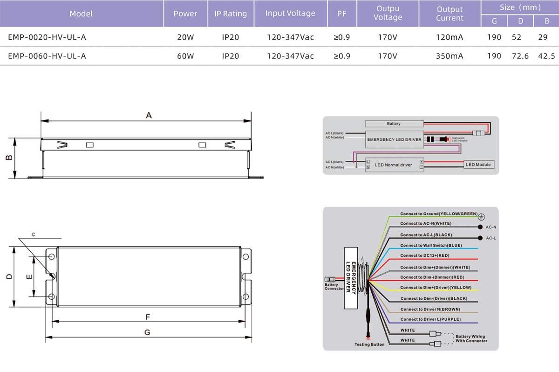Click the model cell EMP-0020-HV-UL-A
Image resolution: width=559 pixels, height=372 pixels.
[x=47, y=37]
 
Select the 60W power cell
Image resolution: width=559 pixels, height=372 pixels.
[x=185, y=56]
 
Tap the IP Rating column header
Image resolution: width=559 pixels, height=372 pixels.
[x=231, y=14]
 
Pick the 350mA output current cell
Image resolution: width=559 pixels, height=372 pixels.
[x=450, y=56]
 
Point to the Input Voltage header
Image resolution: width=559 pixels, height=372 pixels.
[x=290, y=13]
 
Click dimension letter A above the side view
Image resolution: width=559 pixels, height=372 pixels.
[x=149, y=115]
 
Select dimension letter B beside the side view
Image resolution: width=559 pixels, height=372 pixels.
[x=8, y=158]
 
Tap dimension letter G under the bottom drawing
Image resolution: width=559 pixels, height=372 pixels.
[x=147, y=332]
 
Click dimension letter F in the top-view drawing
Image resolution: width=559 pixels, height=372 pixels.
[x=147, y=317]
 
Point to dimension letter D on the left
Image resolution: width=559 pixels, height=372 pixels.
[x=8, y=276]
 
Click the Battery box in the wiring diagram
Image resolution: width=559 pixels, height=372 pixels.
[x=394, y=124]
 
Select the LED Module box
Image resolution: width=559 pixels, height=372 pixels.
[x=480, y=165]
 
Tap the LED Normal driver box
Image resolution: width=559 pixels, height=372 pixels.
[x=394, y=165]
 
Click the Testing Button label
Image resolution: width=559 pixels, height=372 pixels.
[x=369, y=344]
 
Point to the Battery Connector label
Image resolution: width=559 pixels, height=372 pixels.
[x=334, y=287]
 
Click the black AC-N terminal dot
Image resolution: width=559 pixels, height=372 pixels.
[x=480, y=227]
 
